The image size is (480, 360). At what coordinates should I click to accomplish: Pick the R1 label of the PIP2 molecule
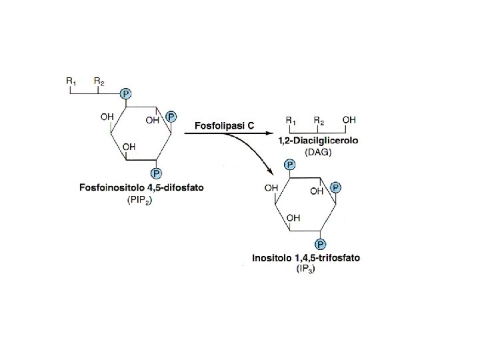tap(71, 81)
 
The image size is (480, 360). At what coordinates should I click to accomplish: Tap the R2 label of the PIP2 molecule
tap(99, 81)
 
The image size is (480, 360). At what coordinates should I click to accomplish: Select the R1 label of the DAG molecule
tap(291, 121)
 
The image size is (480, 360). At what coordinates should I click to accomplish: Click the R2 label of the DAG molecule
tap(319, 121)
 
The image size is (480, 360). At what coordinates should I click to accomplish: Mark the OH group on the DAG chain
tap(349, 120)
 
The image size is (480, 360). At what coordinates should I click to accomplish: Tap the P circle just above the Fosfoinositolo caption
tap(156, 175)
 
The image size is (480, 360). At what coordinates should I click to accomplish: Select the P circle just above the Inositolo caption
tap(320, 244)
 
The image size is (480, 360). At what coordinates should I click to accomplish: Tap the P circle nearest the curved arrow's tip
tap(289, 163)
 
